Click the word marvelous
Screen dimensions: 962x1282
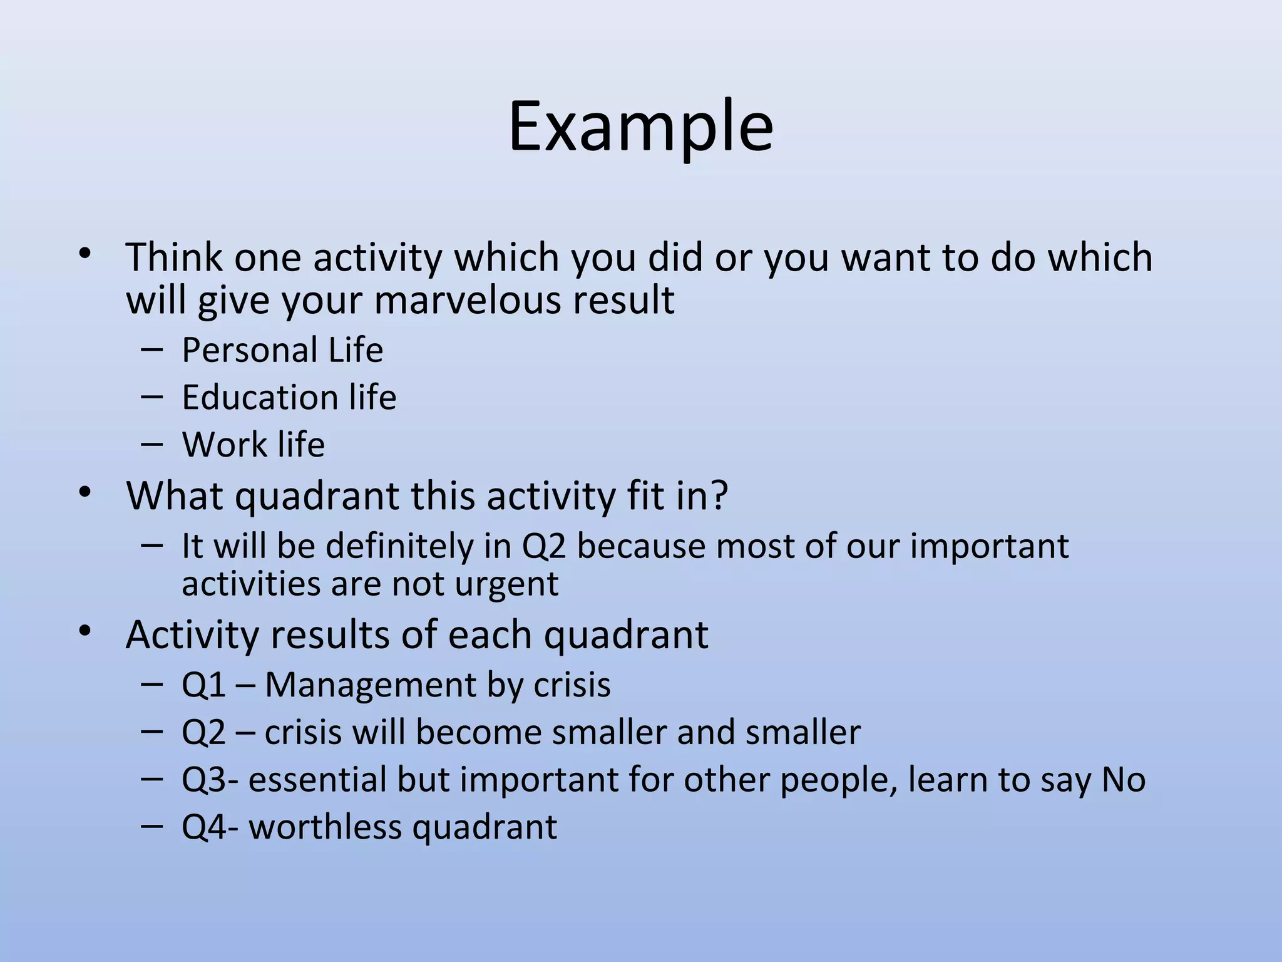(461, 300)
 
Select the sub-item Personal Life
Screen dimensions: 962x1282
(282, 349)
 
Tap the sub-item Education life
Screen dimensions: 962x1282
(289, 397)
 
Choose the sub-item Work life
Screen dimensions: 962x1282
(253, 445)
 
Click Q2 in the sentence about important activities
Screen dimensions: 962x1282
(543, 546)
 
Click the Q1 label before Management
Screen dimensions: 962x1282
(203, 685)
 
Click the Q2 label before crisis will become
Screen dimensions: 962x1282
(203, 732)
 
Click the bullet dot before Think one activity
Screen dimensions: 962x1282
(85, 254)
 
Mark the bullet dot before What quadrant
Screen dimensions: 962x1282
(85, 493)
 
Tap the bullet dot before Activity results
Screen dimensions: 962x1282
(85, 631)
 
